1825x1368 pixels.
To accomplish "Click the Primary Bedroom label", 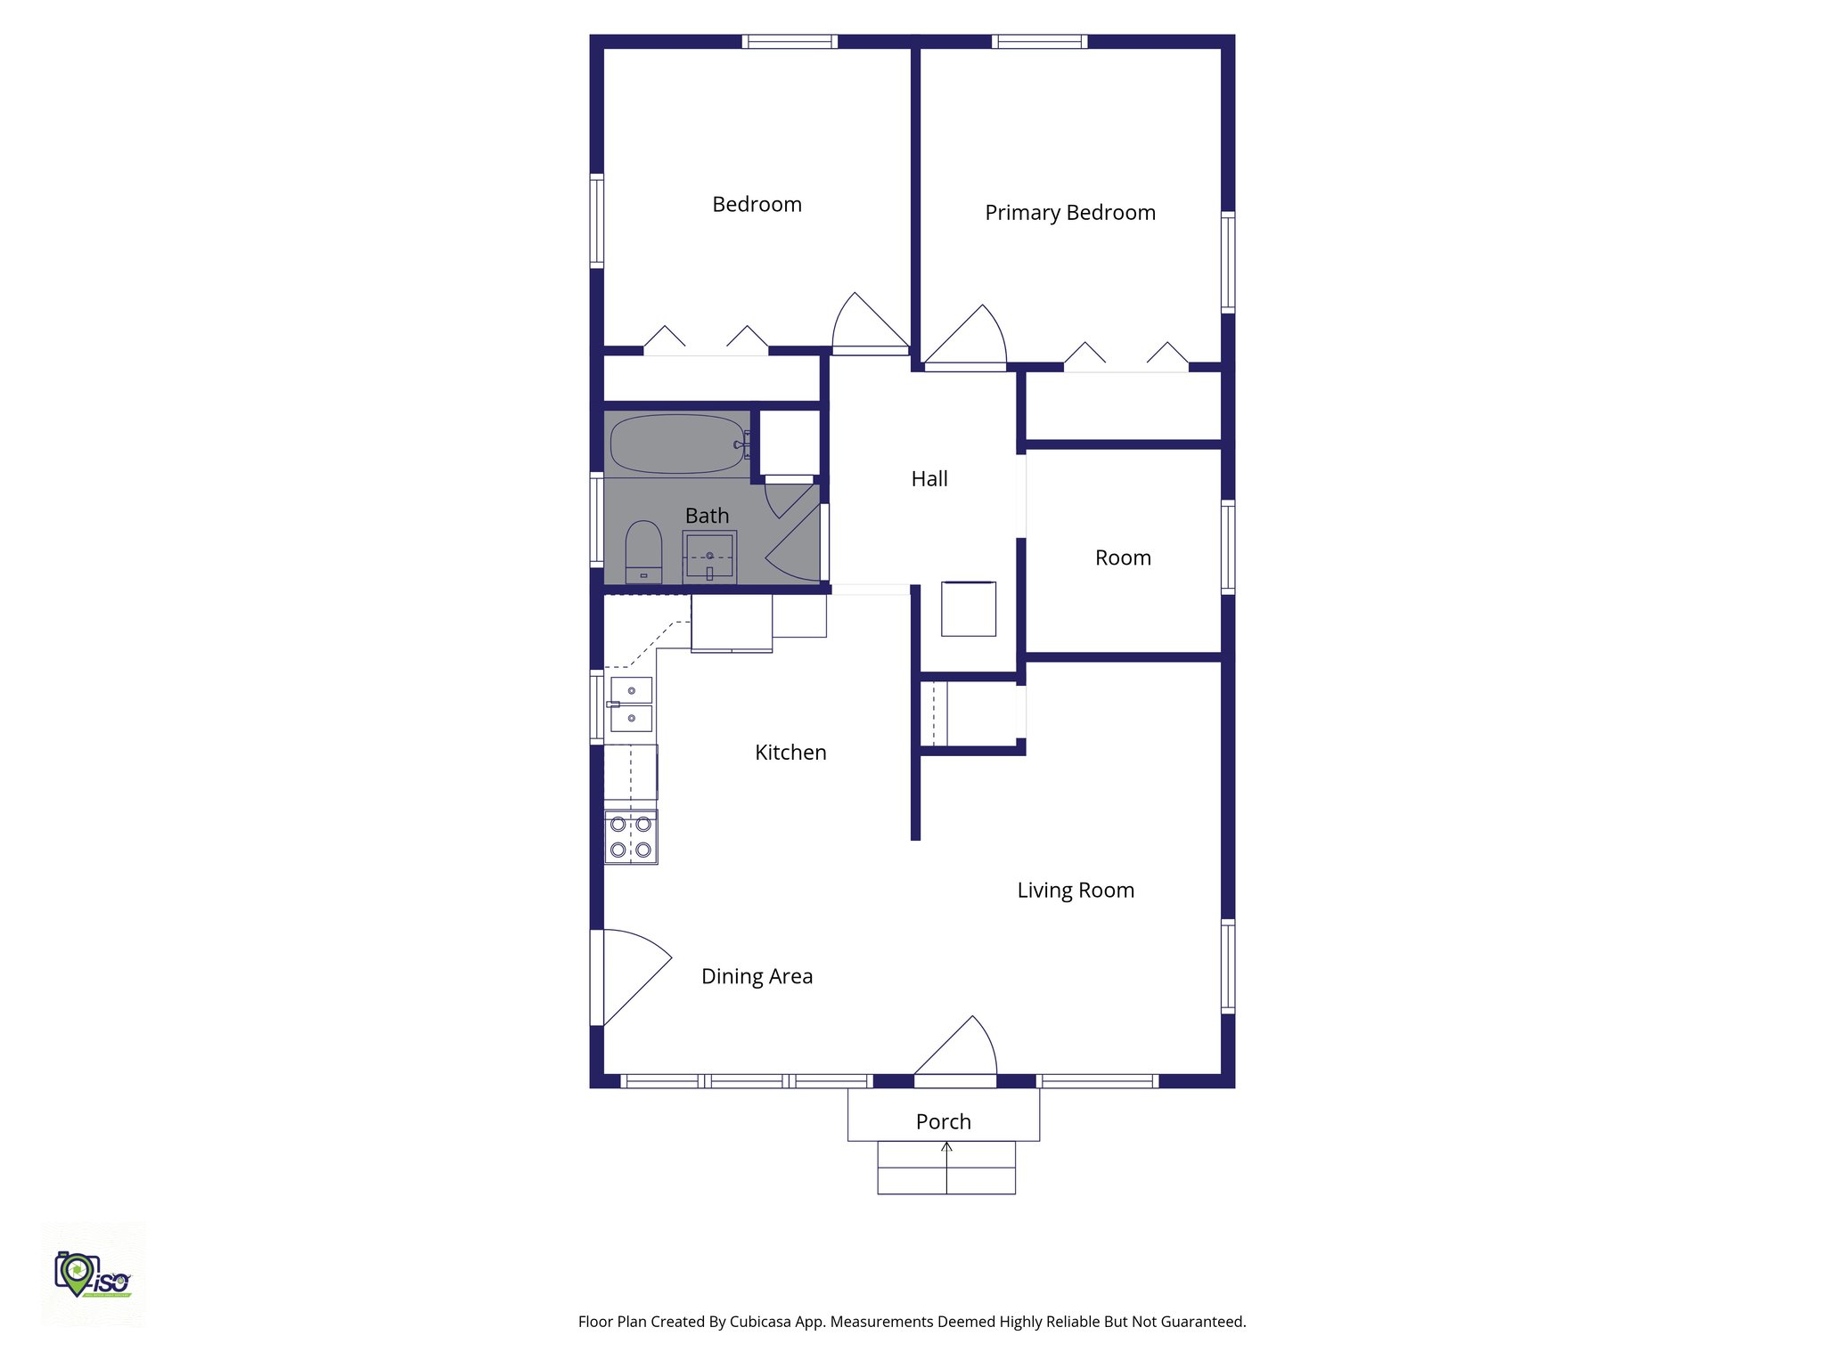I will tap(1069, 213).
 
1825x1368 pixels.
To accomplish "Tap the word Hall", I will tap(929, 479).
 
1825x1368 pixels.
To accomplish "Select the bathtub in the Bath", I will tap(677, 444).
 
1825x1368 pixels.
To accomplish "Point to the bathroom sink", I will tap(709, 557).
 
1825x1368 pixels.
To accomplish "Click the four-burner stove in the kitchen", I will tap(631, 837).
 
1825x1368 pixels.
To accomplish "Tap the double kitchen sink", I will tap(631, 704).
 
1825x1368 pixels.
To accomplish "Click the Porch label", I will tap(943, 1122).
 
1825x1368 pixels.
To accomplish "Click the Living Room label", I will tap(1076, 891).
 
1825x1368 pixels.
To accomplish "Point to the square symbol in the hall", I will tap(969, 609).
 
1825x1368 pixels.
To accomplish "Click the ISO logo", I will tap(93, 1275).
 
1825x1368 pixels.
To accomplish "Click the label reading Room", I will tap(1123, 558).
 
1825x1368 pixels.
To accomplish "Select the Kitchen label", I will tap(790, 753).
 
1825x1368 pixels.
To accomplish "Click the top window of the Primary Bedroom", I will tap(1039, 41).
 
